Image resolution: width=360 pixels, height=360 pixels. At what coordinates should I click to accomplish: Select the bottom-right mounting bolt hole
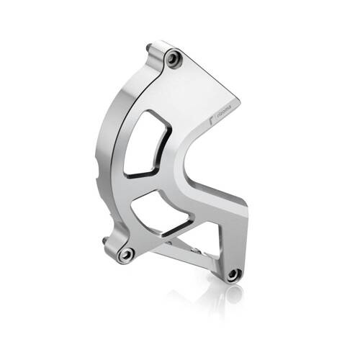click(x=232, y=274)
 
